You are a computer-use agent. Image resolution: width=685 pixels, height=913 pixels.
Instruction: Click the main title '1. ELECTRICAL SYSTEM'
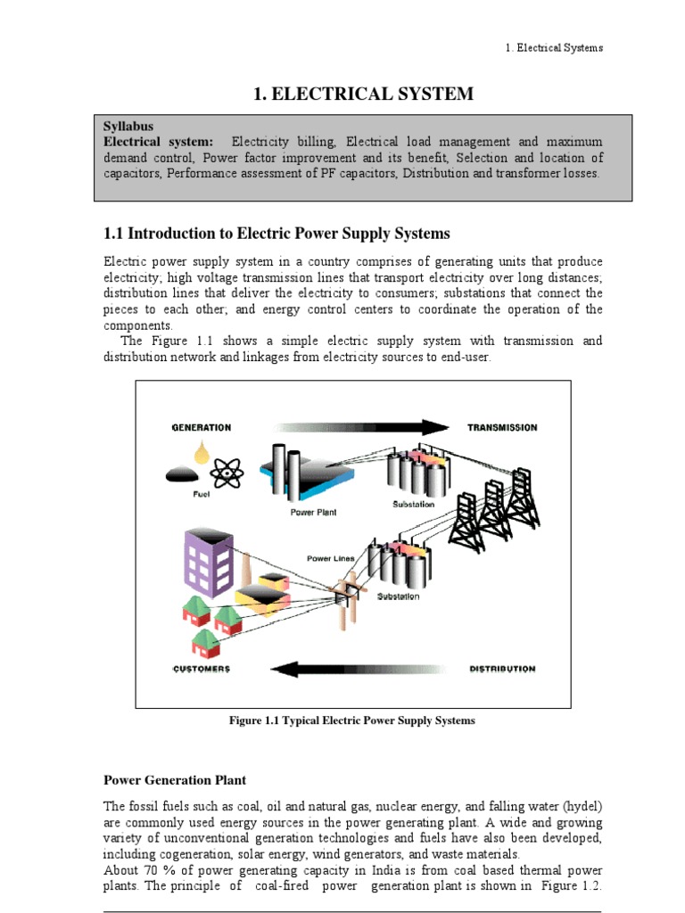[363, 94]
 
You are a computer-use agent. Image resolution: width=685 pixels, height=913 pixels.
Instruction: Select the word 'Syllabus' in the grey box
[129, 127]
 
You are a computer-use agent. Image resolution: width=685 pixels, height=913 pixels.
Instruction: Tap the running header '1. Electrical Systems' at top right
[553, 47]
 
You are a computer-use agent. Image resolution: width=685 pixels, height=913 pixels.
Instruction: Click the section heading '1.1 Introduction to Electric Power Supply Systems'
[277, 234]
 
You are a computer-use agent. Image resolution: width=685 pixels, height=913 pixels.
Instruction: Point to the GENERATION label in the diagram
[202, 428]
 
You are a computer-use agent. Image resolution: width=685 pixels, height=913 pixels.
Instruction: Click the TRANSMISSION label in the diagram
[502, 428]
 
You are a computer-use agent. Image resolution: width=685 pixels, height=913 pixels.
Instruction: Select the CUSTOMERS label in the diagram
[201, 669]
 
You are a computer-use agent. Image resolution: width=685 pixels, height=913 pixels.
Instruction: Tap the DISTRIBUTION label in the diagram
[502, 669]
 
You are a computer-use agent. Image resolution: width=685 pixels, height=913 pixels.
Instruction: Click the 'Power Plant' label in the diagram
[314, 513]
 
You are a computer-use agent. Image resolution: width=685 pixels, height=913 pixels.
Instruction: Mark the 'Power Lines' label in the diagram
[331, 558]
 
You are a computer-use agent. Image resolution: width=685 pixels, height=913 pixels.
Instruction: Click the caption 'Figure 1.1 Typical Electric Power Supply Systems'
[352, 720]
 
